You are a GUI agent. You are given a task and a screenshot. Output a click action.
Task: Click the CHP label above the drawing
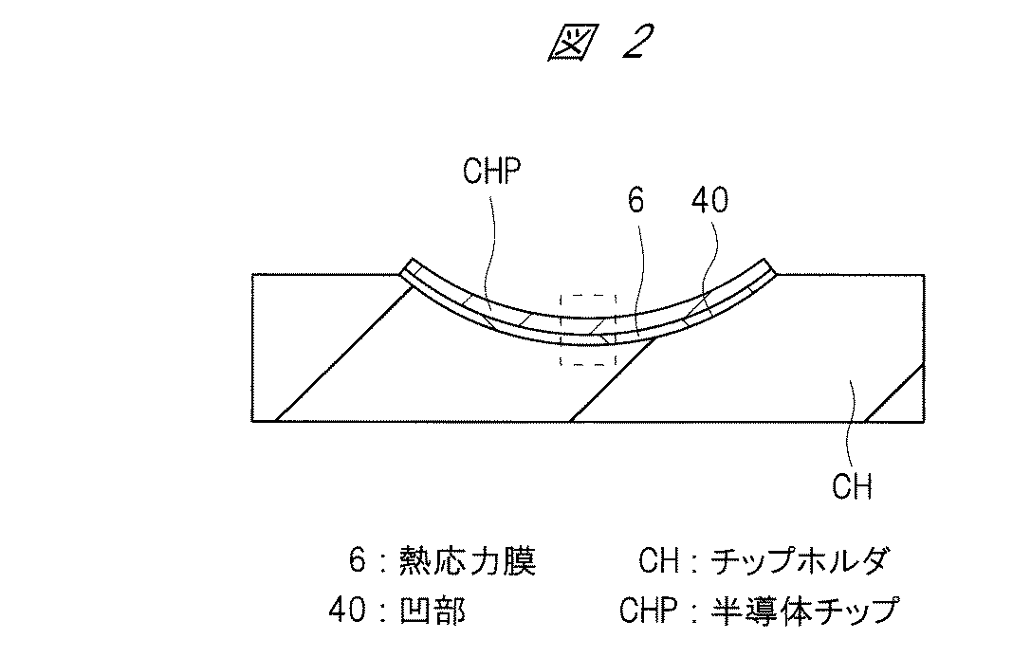(x=494, y=173)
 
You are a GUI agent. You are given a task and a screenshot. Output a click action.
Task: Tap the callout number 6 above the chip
(x=636, y=201)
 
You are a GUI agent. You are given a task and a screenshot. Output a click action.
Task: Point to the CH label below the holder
(x=851, y=486)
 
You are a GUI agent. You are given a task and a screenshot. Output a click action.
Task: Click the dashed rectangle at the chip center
(x=588, y=329)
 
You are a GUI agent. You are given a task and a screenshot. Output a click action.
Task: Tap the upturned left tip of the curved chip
(x=409, y=266)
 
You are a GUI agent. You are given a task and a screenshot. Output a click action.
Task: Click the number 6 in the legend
(x=357, y=561)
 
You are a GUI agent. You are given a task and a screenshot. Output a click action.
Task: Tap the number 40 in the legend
(x=346, y=610)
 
